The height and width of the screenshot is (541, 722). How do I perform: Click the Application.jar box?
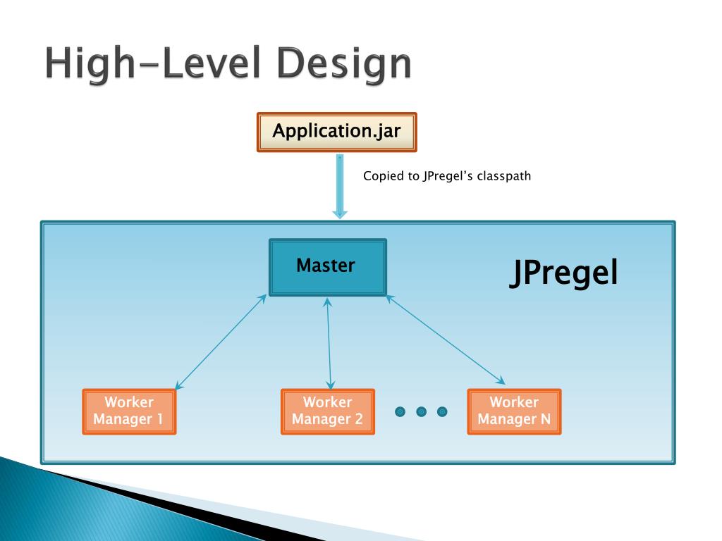click(x=336, y=132)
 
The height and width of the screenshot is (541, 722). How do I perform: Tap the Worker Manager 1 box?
click(x=129, y=411)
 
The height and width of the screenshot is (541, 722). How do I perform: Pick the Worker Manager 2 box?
click(x=327, y=411)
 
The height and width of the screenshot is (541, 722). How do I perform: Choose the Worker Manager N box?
click(x=514, y=411)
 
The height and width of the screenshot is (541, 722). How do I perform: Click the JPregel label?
click(x=563, y=274)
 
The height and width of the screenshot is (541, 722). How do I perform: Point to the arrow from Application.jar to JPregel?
click(x=340, y=186)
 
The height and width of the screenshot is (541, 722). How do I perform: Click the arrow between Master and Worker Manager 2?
click(x=329, y=342)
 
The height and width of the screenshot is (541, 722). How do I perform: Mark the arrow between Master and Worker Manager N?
click(x=446, y=340)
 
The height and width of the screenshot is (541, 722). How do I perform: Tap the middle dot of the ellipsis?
click(x=422, y=411)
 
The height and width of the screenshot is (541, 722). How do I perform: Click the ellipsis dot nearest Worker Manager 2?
click(x=400, y=411)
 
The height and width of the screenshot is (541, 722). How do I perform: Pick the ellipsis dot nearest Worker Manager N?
click(x=442, y=411)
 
